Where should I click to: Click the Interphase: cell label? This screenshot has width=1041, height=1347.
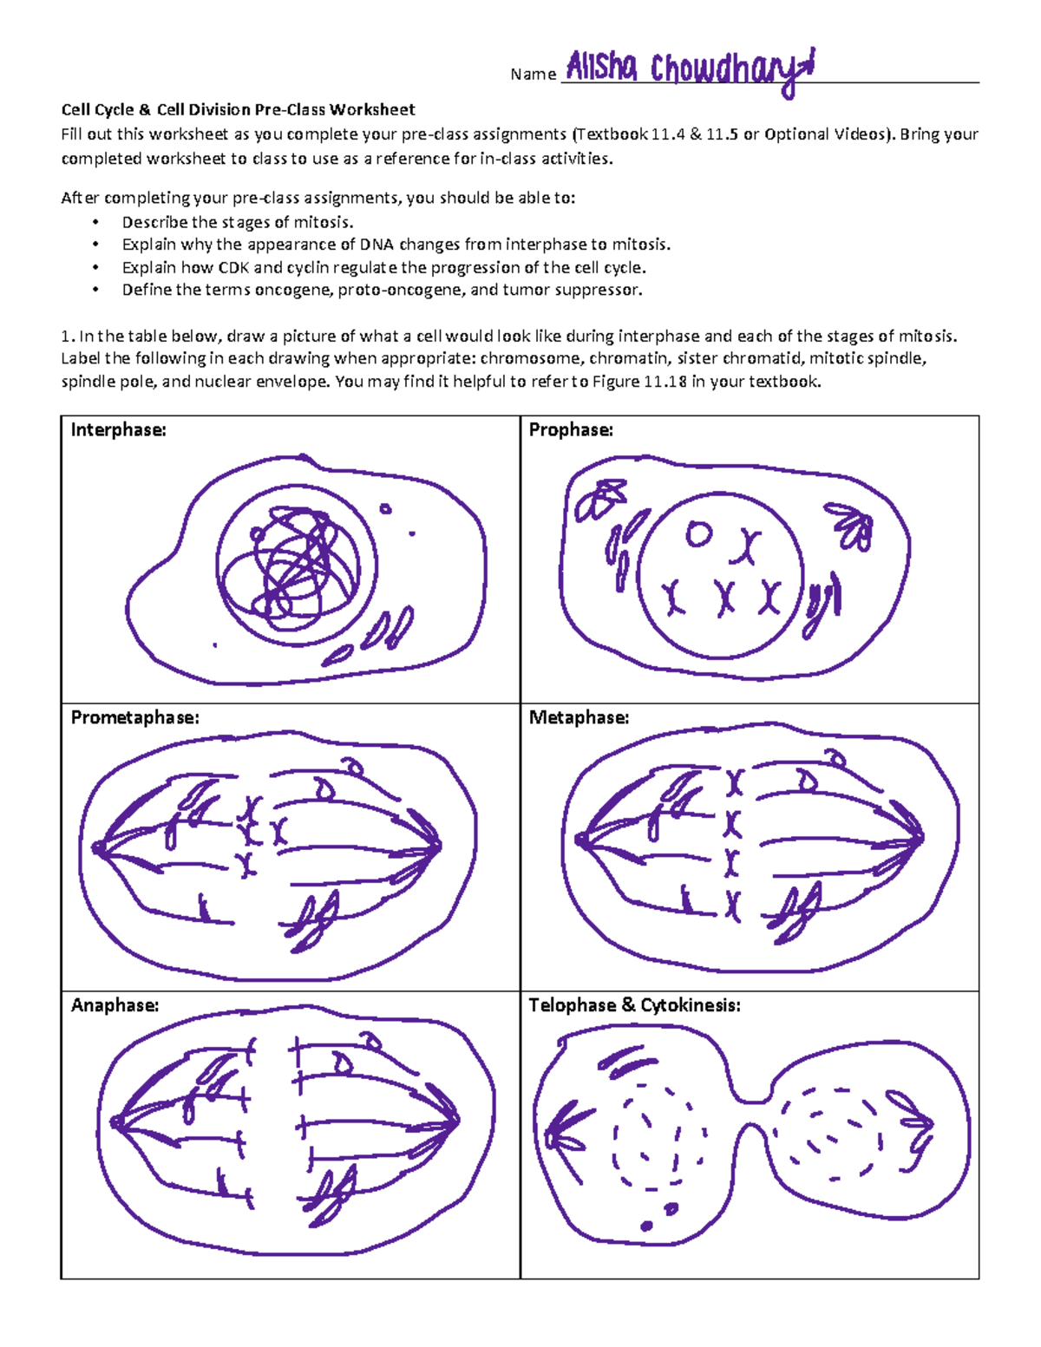pyautogui.click(x=118, y=430)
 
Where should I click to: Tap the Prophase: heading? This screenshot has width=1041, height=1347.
pyautogui.click(x=571, y=430)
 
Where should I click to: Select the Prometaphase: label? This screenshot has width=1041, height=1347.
pyautogui.click(x=134, y=718)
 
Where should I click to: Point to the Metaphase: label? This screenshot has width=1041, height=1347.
pyautogui.click(x=579, y=718)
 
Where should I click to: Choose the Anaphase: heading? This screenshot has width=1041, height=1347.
pyautogui.click(x=115, y=1005)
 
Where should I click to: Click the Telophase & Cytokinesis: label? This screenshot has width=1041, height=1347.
pyautogui.click(x=634, y=1005)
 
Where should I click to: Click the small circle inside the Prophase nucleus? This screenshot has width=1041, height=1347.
pyautogui.click(x=698, y=534)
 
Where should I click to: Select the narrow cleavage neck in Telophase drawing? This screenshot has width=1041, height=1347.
pyautogui.click(x=755, y=1113)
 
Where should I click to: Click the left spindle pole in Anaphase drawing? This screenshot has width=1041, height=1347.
pyautogui.click(x=116, y=1122)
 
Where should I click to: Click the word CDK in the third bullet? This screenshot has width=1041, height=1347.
pyautogui.click(x=233, y=268)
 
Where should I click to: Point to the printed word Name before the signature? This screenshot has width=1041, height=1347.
pyautogui.click(x=533, y=75)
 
